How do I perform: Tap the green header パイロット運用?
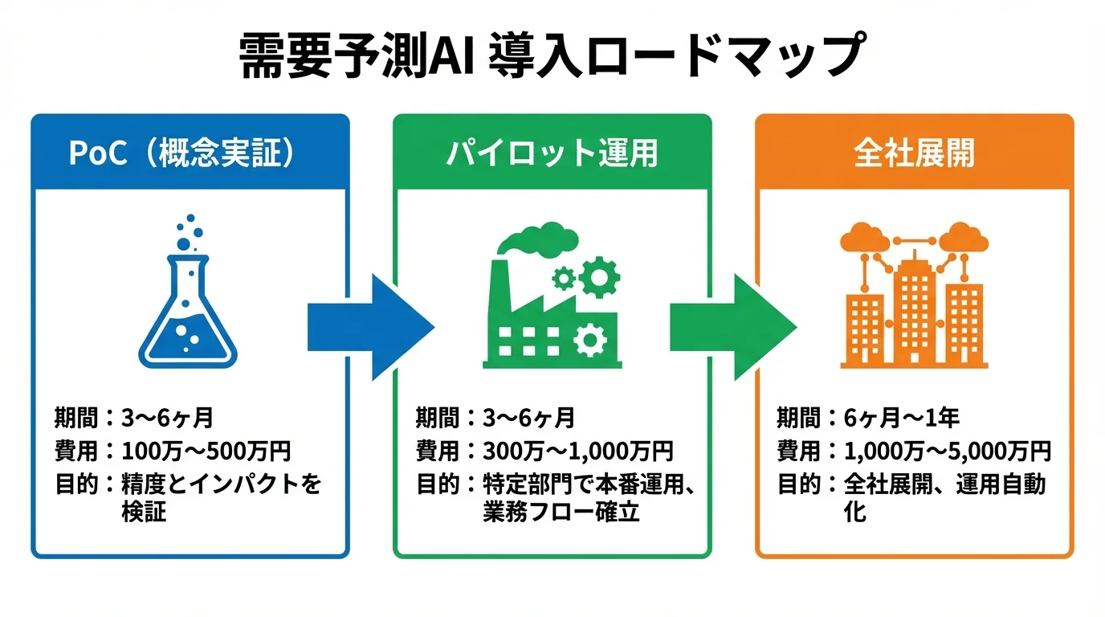coord(552,153)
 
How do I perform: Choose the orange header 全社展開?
coord(914,153)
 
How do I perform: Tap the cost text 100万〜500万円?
coord(206,451)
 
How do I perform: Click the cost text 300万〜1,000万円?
coord(577,451)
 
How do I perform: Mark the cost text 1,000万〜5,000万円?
coord(948,451)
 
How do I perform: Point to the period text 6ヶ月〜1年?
coord(901,417)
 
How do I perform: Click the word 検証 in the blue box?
coord(144,512)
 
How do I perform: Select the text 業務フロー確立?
coord(561,512)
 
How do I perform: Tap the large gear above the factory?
coord(599,278)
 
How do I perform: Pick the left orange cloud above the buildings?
coord(863,237)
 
